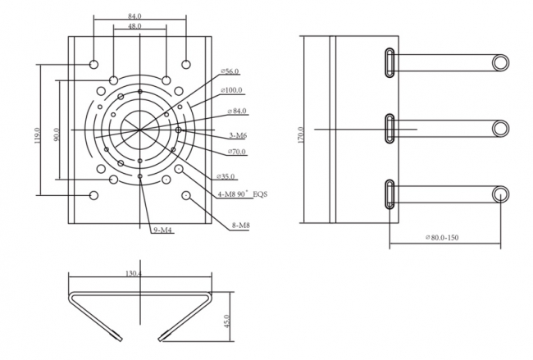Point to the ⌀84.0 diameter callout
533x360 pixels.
click(236, 111)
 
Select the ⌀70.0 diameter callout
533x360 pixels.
click(235, 152)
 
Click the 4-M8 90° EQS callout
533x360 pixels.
click(243, 194)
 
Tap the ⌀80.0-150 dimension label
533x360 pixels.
click(447, 239)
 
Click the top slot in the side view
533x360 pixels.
click(389, 62)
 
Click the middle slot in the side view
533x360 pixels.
click(389, 129)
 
